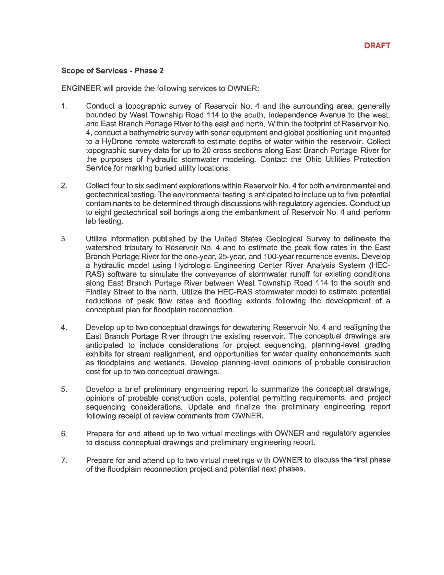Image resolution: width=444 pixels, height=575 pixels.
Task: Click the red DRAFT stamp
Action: pos(377,46)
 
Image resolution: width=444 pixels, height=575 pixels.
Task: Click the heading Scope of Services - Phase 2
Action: pos(112,71)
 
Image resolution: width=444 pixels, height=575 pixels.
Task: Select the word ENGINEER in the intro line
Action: pos(81,88)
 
